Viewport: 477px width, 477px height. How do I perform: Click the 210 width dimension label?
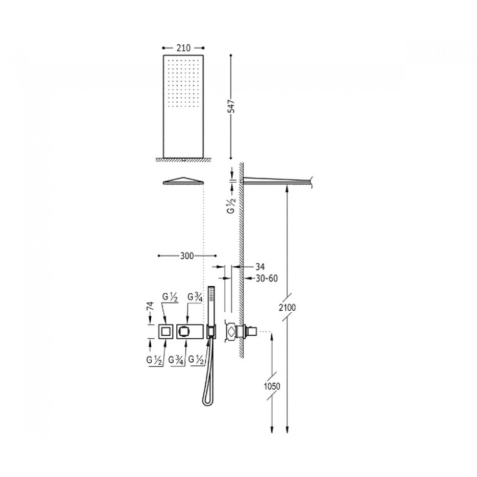point(184,48)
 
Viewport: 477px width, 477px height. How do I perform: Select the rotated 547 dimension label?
point(232,106)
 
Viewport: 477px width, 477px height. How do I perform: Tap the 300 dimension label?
point(187,256)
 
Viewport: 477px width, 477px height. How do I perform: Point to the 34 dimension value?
point(260,267)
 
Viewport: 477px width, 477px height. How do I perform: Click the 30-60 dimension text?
point(267,278)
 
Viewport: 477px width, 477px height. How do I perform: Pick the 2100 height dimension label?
point(287,308)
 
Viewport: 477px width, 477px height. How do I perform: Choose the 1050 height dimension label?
point(272,386)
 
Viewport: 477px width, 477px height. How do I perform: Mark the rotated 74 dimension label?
point(150,306)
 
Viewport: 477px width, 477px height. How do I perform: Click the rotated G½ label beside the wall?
point(232,205)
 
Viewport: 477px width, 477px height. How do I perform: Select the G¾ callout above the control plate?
point(195,297)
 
